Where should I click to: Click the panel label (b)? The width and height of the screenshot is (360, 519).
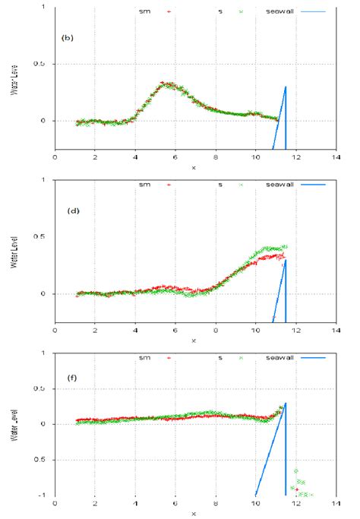[x=67, y=37]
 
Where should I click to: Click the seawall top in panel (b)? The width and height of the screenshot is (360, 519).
[x=286, y=87]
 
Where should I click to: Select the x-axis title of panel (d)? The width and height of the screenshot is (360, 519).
[x=194, y=340]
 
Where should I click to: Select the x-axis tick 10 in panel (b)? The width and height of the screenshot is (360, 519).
[x=256, y=158]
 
